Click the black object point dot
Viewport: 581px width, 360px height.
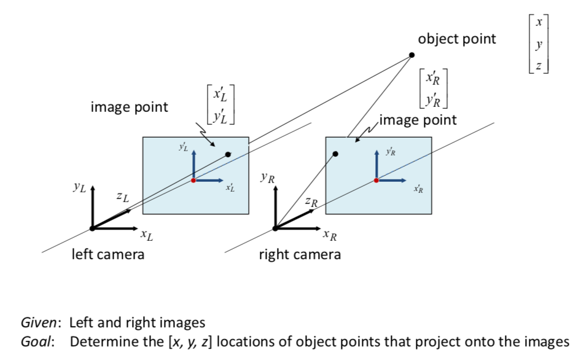[x=411, y=55]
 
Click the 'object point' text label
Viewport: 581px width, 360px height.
[x=457, y=39]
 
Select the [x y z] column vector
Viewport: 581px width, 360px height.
[x=538, y=44]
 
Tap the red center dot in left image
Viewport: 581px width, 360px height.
[x=193, y=181]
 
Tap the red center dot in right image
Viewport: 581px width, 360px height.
[x=376, y=181]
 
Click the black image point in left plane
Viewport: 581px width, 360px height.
[x=228, y=155]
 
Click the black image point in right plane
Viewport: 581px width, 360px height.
[x=335, y=154]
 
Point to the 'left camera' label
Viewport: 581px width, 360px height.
[x=108, y=254]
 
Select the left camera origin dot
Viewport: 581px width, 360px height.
[x=92, y=228]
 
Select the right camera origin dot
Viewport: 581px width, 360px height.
[x=275, y=228]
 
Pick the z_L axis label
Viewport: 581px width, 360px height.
[x=122, y=197]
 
